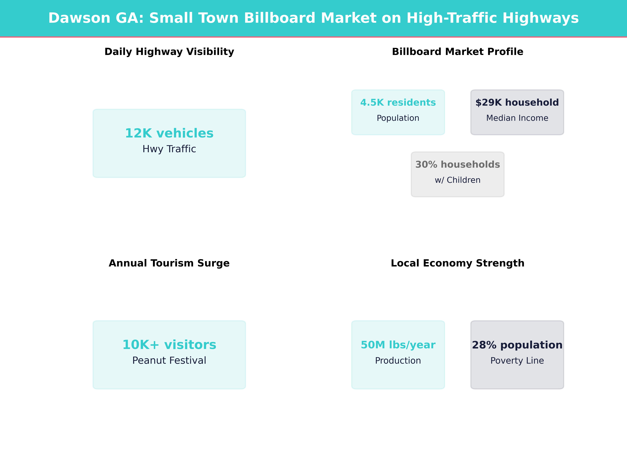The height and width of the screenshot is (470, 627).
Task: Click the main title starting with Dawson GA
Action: click(x=313, y=18)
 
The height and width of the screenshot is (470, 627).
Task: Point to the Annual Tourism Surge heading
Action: click(x=169, y=263)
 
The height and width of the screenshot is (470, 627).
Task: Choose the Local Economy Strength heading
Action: click(x=457, y=263)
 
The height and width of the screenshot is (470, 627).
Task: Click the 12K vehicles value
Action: click(x=169, y=133)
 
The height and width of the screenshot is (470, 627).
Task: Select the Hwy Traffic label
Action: click(x=169, y=149)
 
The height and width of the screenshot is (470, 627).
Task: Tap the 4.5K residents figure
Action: click(x=398, y=103)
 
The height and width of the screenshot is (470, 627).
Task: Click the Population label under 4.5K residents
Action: click(x=398, y=118)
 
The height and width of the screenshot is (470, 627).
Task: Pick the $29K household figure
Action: click(x=517, y=103)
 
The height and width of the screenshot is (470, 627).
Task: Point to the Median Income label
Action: click(x=517, y=118)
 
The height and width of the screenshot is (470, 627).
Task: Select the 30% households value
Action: click(x=457, y=165)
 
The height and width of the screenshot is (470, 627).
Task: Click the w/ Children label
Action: click(x=457, y=180)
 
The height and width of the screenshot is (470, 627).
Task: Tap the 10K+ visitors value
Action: click(x=169, y=345)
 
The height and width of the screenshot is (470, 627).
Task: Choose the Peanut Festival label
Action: click(x=169, y=361)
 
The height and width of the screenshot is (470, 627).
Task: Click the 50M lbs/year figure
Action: click(x=398, y=345)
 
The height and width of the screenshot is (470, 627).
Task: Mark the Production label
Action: click(x=398, y=361)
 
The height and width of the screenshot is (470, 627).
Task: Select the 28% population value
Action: click(x=517, y=345)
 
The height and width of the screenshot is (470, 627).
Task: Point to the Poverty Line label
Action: click(x=517, y=361)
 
